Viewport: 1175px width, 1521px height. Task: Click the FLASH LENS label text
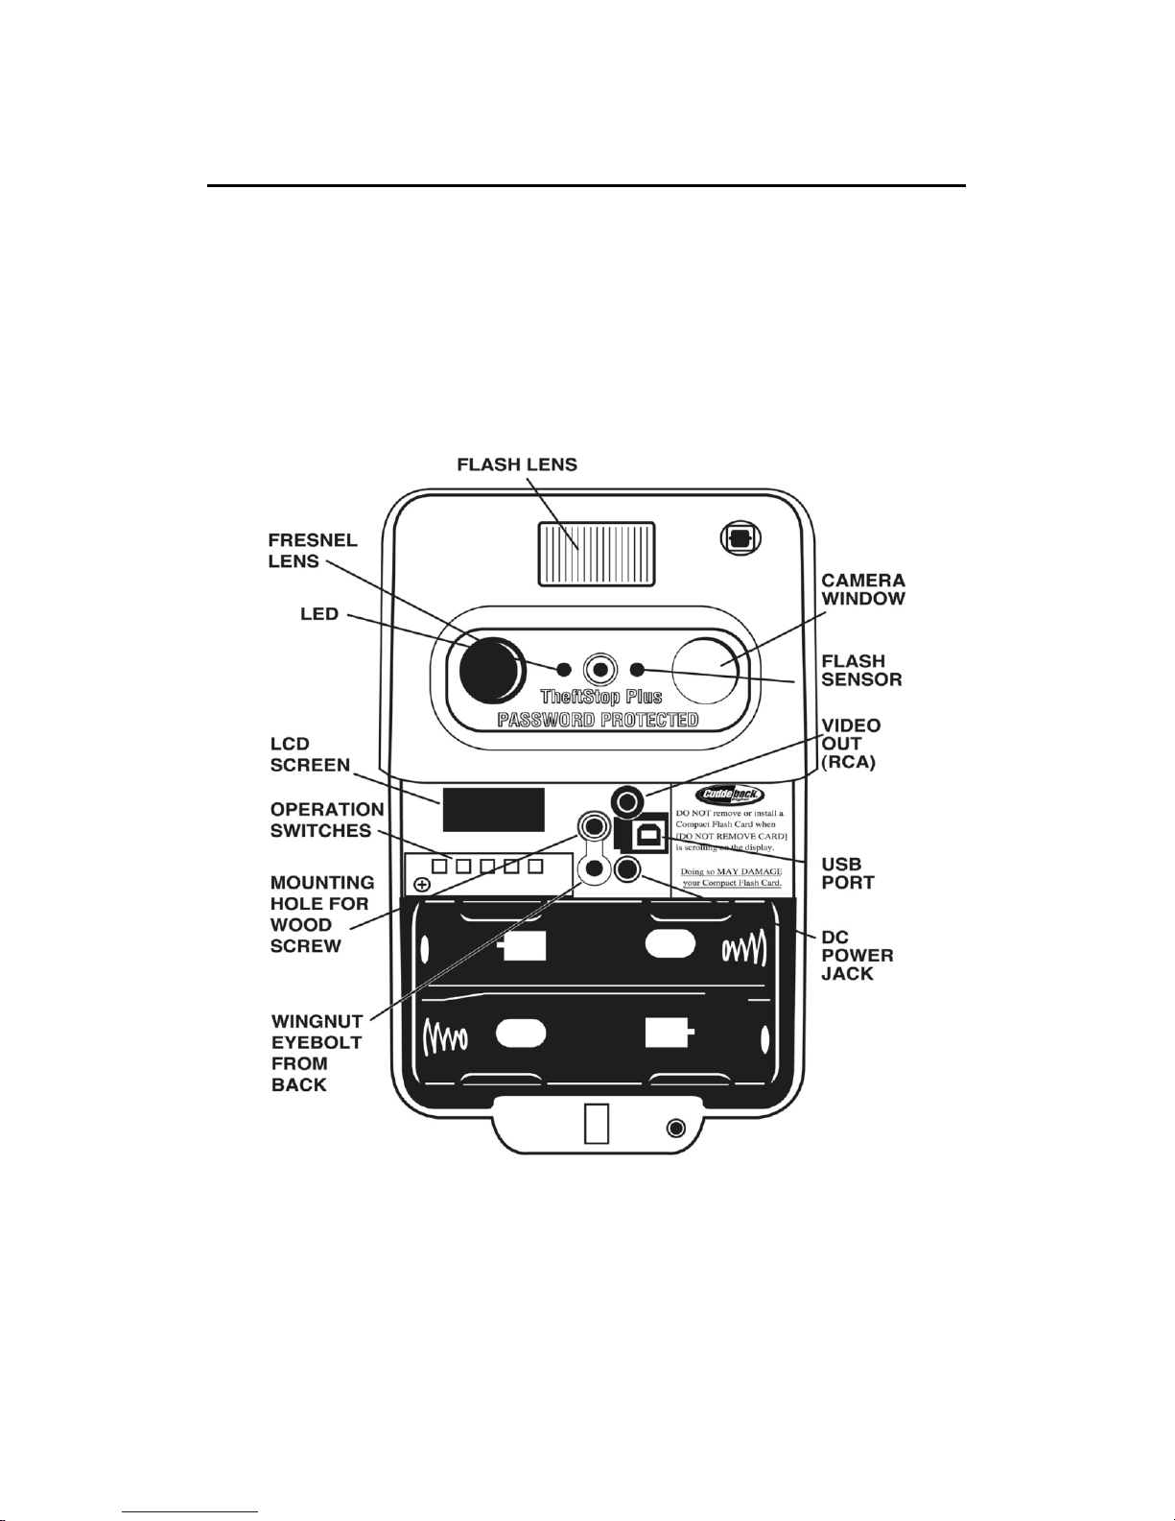pyautogui.click(x=517, y=464)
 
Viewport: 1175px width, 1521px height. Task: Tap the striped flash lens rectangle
pyautogui.click(x=597, y=553)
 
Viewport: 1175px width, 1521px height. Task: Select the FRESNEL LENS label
pyautogui.click(x=313, y=551)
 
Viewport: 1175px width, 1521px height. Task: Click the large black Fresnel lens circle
pyautogui.click(x=492, y=670)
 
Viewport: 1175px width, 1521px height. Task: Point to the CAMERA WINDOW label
pyautogui.click(x=863, y=589)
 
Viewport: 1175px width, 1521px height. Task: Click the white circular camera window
pyautogui.click(x=706, y=670)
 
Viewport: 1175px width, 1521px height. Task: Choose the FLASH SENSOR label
pyautogui.click(x=861, y=670)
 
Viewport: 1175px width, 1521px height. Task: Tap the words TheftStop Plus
pyautogui.click(x=601, y=697)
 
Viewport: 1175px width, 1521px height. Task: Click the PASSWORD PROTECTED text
pyautogui.click(x=598, y=720)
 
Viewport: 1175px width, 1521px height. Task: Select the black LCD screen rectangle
pyautogui.click(x=493, y=809)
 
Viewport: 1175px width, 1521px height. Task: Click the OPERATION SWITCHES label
pyautogui.click(x=327, y=820)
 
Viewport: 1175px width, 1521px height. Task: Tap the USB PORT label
pyautogui.click(x=848, y=873)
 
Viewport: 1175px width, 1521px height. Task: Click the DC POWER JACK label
pyautogui.click(x=857, y=956)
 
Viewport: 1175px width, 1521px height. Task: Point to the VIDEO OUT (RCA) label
pyautogui.click(x=851, y=744)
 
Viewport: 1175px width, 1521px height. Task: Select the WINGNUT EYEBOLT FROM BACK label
pyautogui.click(x=317, y=1053)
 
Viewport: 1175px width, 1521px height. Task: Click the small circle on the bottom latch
pyautogui.click(x=675, y=1128)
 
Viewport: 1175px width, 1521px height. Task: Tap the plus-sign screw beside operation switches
pyautogui.click(x=422, y=885)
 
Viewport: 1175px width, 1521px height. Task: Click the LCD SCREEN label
pyautogui.click(x=310, y=754)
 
